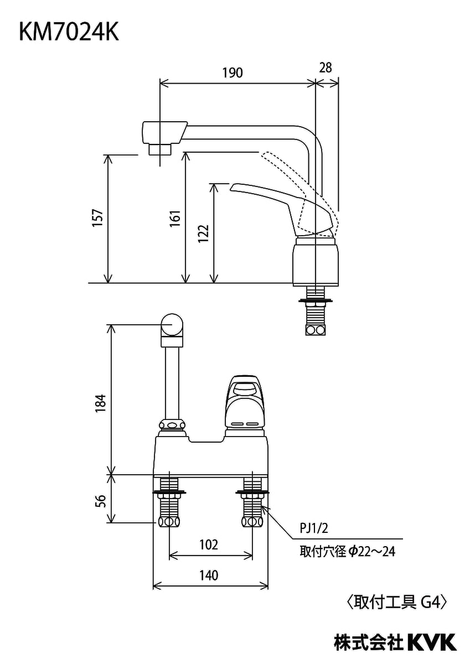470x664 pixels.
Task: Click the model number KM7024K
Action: pyautogui.click(x=69, y=33)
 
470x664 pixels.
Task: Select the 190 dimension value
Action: pyautogui.click(x=233, y=72)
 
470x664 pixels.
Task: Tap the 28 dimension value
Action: pyautogui.click(x=326, y=68)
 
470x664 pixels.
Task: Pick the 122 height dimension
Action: pyautogui.click(x=203, y=233)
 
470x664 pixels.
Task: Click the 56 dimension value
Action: pyautogui.click(x=101, y=500)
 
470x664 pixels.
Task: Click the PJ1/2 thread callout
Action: pyautogui.click(x=314, y=528)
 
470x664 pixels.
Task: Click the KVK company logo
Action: pyautogui.click(x=432, y=642)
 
